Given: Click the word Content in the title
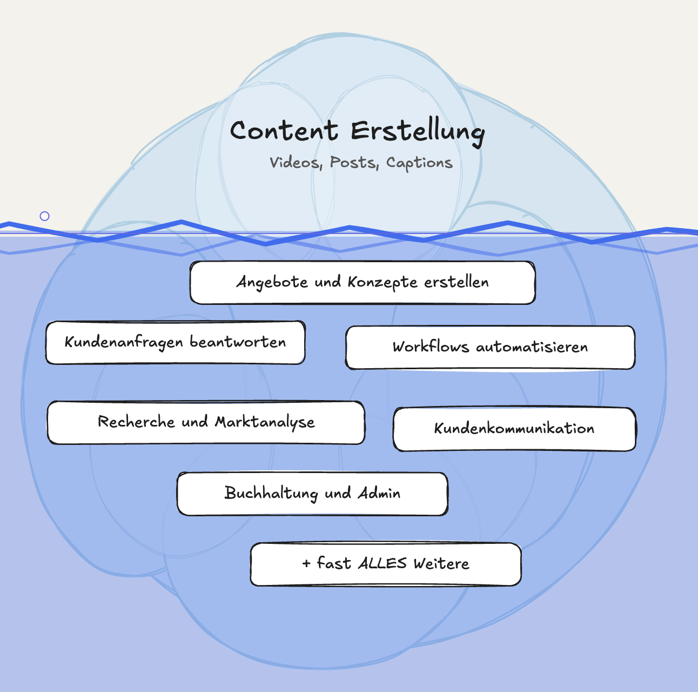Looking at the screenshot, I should pos(284,131).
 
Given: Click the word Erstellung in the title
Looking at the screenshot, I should pos(417,132).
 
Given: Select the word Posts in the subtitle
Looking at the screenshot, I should pos(353,162).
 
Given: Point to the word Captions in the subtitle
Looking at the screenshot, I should pos(419,163).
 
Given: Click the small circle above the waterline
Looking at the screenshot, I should pos(45,216).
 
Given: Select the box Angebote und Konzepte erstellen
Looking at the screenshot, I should pos(363,282).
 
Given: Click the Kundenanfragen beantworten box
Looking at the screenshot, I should pos(176,342).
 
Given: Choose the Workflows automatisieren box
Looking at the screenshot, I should pos(490,347).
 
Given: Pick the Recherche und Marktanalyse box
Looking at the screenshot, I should pos(206,422).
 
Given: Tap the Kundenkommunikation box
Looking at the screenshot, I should pos(514,429).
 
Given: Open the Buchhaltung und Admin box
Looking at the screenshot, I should pos(312,494).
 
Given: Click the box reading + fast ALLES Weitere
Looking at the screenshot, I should pos(386,564).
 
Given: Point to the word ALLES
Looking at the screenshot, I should pos(382,563).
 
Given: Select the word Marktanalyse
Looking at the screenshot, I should pos(265,422).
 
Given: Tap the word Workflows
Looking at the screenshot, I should pos(431,347).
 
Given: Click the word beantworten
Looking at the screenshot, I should pos(238,342).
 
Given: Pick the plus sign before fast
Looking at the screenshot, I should pos(306,564).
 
